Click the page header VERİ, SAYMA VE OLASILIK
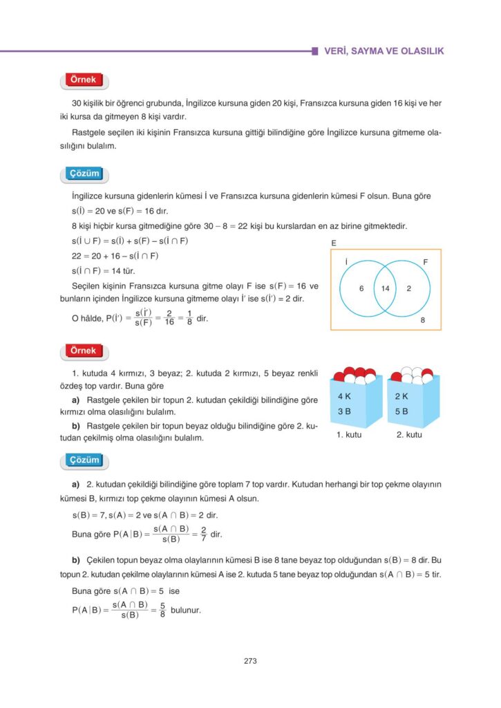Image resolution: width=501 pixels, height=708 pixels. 384,51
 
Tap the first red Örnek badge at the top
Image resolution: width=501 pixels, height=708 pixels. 84,81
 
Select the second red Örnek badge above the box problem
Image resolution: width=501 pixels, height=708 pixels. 84,351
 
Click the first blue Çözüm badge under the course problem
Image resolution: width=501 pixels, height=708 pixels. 84,173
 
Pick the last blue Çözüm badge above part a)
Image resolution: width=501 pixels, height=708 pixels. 84,460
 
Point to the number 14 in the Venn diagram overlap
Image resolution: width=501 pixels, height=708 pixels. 385,288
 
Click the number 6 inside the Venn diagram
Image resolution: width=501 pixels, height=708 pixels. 361,288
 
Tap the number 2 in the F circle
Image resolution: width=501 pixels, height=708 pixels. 409,288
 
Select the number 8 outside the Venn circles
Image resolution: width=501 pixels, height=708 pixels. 422,320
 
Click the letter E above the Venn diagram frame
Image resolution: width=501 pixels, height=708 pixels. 334,243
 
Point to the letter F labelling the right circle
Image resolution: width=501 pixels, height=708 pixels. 425,263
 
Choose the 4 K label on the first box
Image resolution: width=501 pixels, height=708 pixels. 345,397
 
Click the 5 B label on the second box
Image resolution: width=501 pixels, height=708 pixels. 401,411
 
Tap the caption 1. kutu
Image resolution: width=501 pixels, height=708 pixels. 350,436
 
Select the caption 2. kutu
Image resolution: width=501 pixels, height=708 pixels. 409,436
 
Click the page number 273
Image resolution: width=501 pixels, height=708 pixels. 250,661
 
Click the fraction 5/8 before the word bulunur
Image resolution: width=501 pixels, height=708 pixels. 162,610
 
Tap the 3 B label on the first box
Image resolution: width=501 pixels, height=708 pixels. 345,411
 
